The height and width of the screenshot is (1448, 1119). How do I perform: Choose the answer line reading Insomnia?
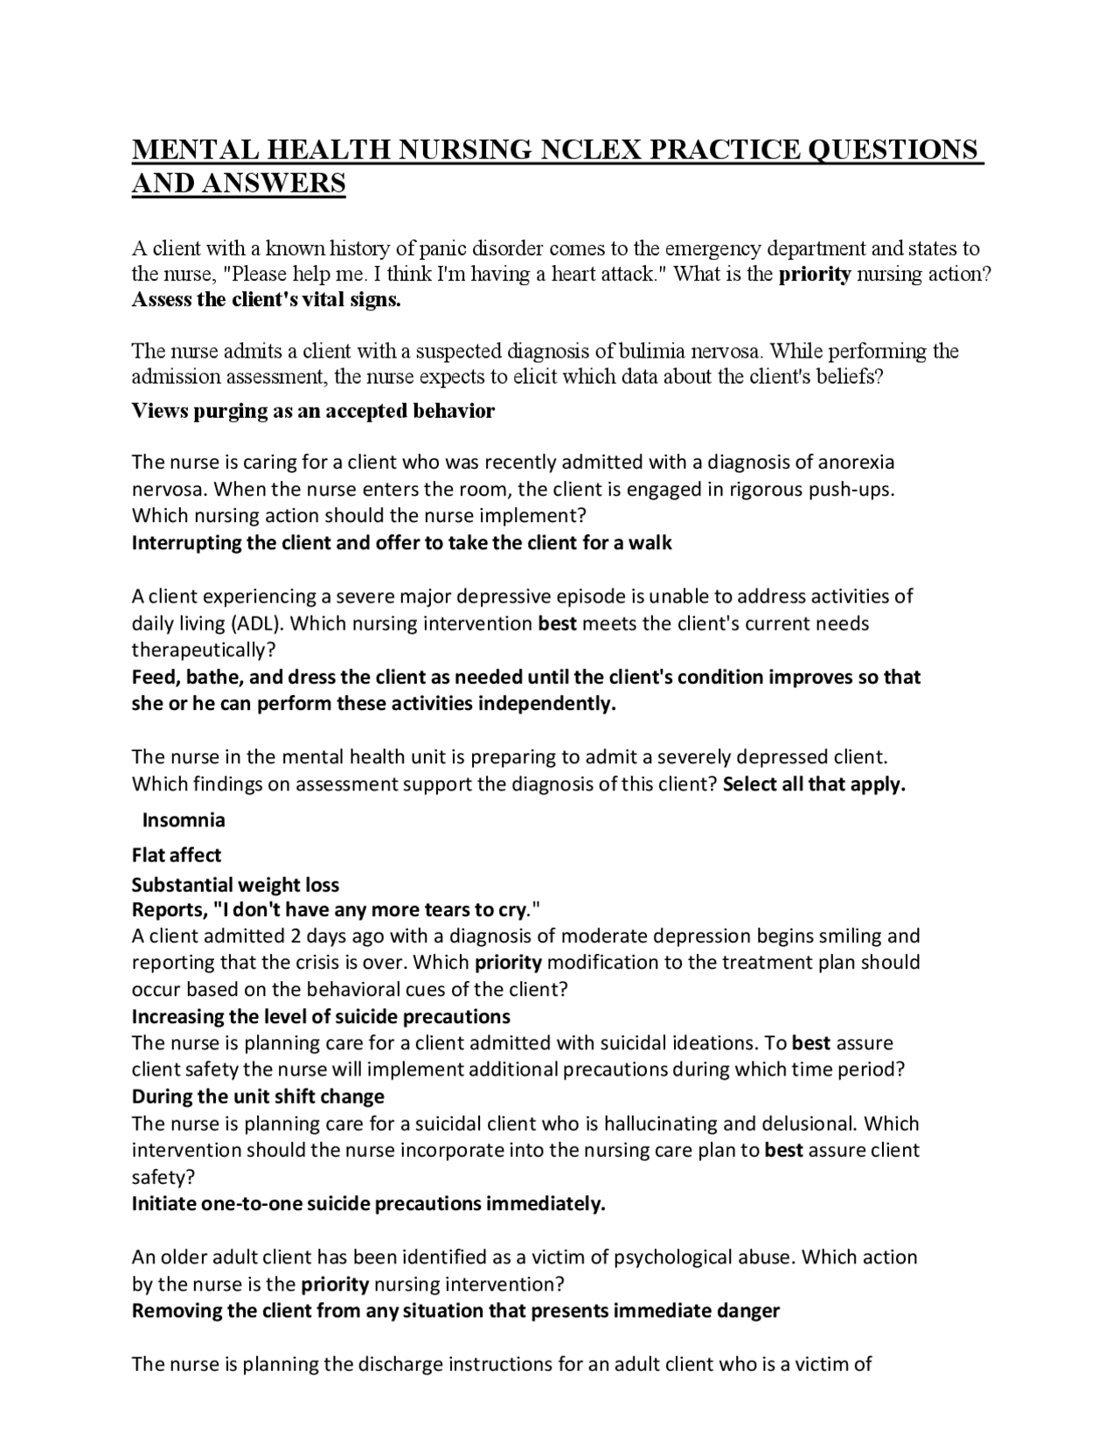tap(184, 819)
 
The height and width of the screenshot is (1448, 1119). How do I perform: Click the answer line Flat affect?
tap(177, 855)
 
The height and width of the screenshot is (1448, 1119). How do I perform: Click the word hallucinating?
tap(660, 1123)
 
